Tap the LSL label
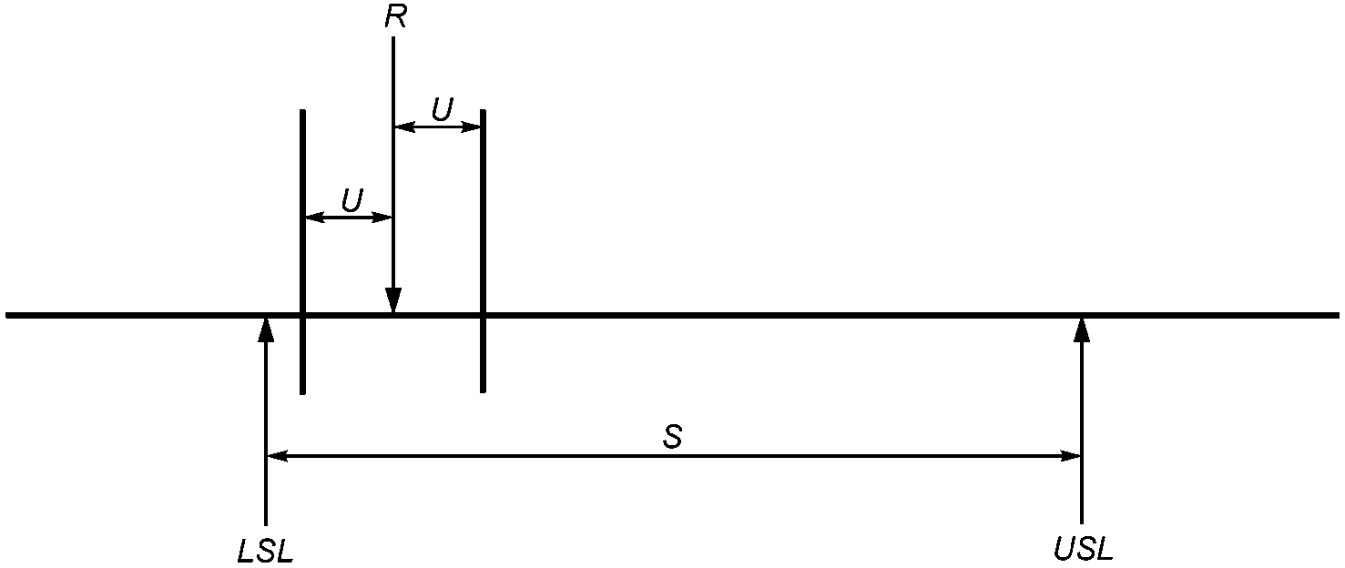(265, 550)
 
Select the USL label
(1083, 550)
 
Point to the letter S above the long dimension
(672, 437)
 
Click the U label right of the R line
(442, 109)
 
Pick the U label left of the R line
(352, 200)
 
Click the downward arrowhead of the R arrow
(393, 300)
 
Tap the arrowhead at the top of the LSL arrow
(265, 330)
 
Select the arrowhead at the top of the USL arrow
(1082, 330)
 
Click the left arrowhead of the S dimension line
(277, 456)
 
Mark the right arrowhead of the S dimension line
(1071, 456)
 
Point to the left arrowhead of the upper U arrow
(404, 127)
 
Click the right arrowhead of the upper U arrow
(470, 127)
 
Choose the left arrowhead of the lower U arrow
(316, 218)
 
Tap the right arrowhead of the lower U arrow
(382, 218)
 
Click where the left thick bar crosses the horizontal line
(302, 315)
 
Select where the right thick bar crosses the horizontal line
(483, 315)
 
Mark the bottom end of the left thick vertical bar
(302, 393)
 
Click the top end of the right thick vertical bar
(483, 111)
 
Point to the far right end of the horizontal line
(1339, 315)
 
